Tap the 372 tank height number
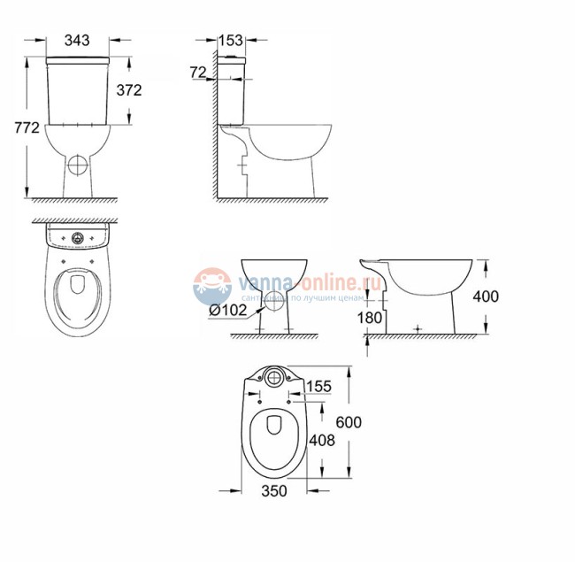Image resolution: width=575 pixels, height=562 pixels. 128,89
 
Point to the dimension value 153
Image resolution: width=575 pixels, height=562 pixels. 231,41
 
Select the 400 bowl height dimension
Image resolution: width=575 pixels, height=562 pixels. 485,296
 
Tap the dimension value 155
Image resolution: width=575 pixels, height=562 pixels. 320,386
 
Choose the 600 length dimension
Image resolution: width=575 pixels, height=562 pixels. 349,423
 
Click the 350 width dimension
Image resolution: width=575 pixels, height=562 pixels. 274,491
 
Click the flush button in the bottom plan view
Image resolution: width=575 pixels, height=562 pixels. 274,378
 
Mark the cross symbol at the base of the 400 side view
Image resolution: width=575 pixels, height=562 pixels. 417,327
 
